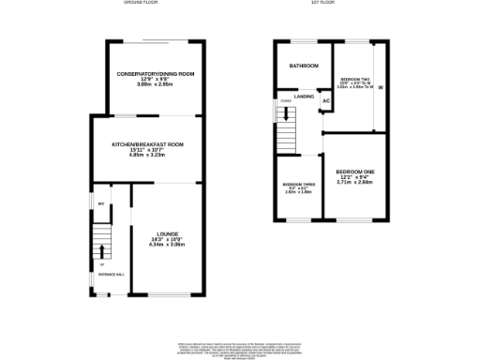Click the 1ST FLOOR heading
[323, 4]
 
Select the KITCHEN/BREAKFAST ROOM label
[147, 143]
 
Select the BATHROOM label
[303, 67]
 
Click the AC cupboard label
[326, 101]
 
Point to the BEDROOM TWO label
[354, 79]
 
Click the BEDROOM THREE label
[298, 185]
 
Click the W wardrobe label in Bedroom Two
[381, 87]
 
